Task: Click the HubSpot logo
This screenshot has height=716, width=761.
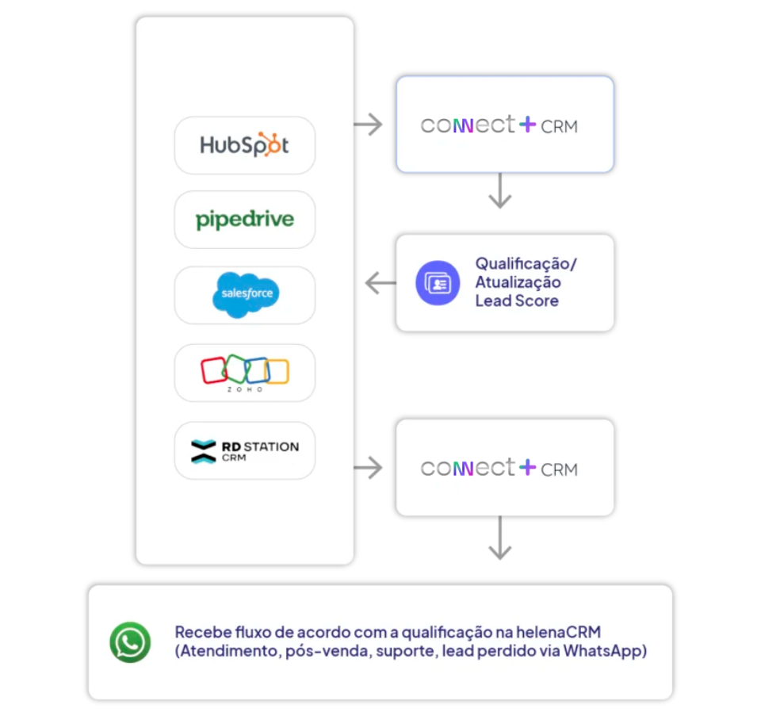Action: [244, 145]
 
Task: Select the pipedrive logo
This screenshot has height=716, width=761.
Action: [244, 219]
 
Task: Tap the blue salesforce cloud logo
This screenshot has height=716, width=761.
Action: [246, 294]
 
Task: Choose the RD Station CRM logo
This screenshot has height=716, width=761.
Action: [244, 450]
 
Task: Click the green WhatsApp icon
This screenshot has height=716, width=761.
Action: [130, 642]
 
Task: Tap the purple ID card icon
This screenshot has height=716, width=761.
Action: [438, 283]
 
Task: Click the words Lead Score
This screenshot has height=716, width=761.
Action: [517, 301]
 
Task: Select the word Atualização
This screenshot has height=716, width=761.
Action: [518, 282]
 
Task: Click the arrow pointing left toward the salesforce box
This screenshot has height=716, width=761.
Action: [380, 282]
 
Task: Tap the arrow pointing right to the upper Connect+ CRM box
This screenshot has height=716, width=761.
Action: [369, 124]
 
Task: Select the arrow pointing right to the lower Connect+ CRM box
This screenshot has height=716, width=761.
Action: [369, 469]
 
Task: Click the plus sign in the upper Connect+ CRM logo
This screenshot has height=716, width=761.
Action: [527, 124]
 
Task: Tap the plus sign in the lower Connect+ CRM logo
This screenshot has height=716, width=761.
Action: [527, 468]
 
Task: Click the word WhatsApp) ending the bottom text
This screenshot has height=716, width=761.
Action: [608, 652]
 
